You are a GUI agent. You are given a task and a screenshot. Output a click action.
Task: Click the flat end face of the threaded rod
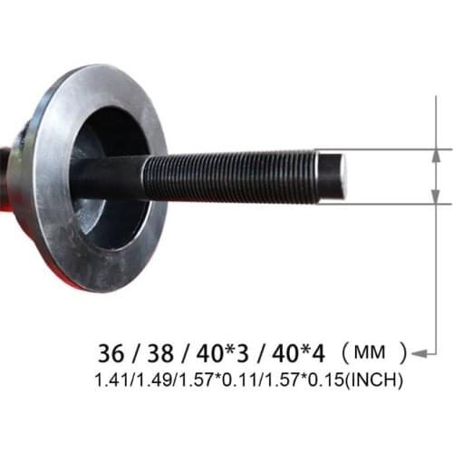pos(336,174)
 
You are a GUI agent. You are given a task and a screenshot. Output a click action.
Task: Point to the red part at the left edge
pos(4,181)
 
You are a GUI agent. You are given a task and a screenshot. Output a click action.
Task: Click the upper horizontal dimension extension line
pos(399,149)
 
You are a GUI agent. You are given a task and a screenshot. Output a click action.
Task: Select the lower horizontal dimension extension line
pos(399,203)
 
